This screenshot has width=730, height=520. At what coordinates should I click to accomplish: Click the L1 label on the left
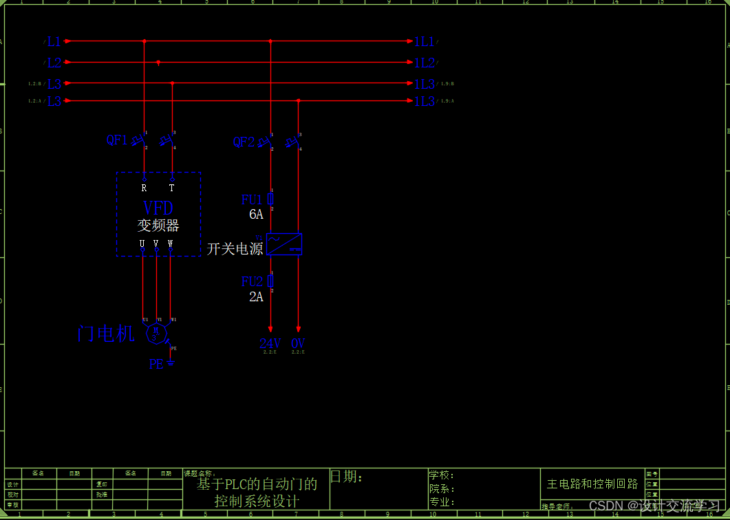(54, 42)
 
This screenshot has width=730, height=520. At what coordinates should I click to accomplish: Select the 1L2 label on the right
(424, 63)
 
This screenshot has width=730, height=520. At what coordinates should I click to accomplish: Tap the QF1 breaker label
(116, 140)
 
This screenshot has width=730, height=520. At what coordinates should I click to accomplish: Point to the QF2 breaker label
(244, 142)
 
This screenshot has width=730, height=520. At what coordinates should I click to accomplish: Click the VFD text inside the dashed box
(158, 208)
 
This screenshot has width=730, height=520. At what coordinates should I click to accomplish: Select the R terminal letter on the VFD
(144, 188)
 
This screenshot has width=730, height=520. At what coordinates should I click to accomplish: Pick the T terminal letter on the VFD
(171, 188)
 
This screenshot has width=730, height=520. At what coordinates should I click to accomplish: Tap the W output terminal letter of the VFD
(170, 243)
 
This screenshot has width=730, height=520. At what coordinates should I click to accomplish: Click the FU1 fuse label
(252, 200)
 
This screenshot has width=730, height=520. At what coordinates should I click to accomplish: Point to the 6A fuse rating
(256, 215)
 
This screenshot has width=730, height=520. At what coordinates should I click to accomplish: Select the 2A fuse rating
(256, 297)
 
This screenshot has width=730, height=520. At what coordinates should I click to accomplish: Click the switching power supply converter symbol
(284, 244)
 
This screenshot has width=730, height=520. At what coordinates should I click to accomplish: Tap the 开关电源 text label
(235, 249)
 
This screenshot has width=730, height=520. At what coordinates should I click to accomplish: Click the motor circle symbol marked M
(155, 333)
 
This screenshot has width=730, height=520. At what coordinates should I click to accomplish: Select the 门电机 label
(106, 334)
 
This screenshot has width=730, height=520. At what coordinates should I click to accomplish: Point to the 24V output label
(270, 343)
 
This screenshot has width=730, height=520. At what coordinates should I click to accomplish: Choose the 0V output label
(298, 343)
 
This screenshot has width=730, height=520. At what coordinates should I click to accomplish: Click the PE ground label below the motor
(157, 364)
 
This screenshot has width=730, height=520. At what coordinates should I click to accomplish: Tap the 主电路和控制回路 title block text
(592, 484)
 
